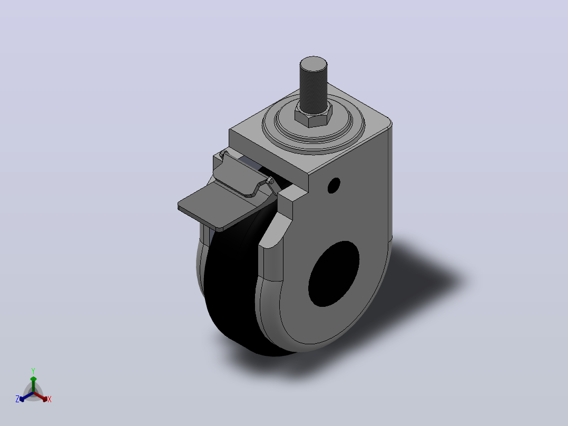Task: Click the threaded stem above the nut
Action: [x=314, y=85]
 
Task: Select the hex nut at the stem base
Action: [x=314, y=115]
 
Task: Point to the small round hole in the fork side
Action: [x=334, y=185]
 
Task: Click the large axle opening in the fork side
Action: [x=334, y=274]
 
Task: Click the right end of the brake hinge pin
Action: [x=270, y=180]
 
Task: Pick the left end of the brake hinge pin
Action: [x=222, y=154]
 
